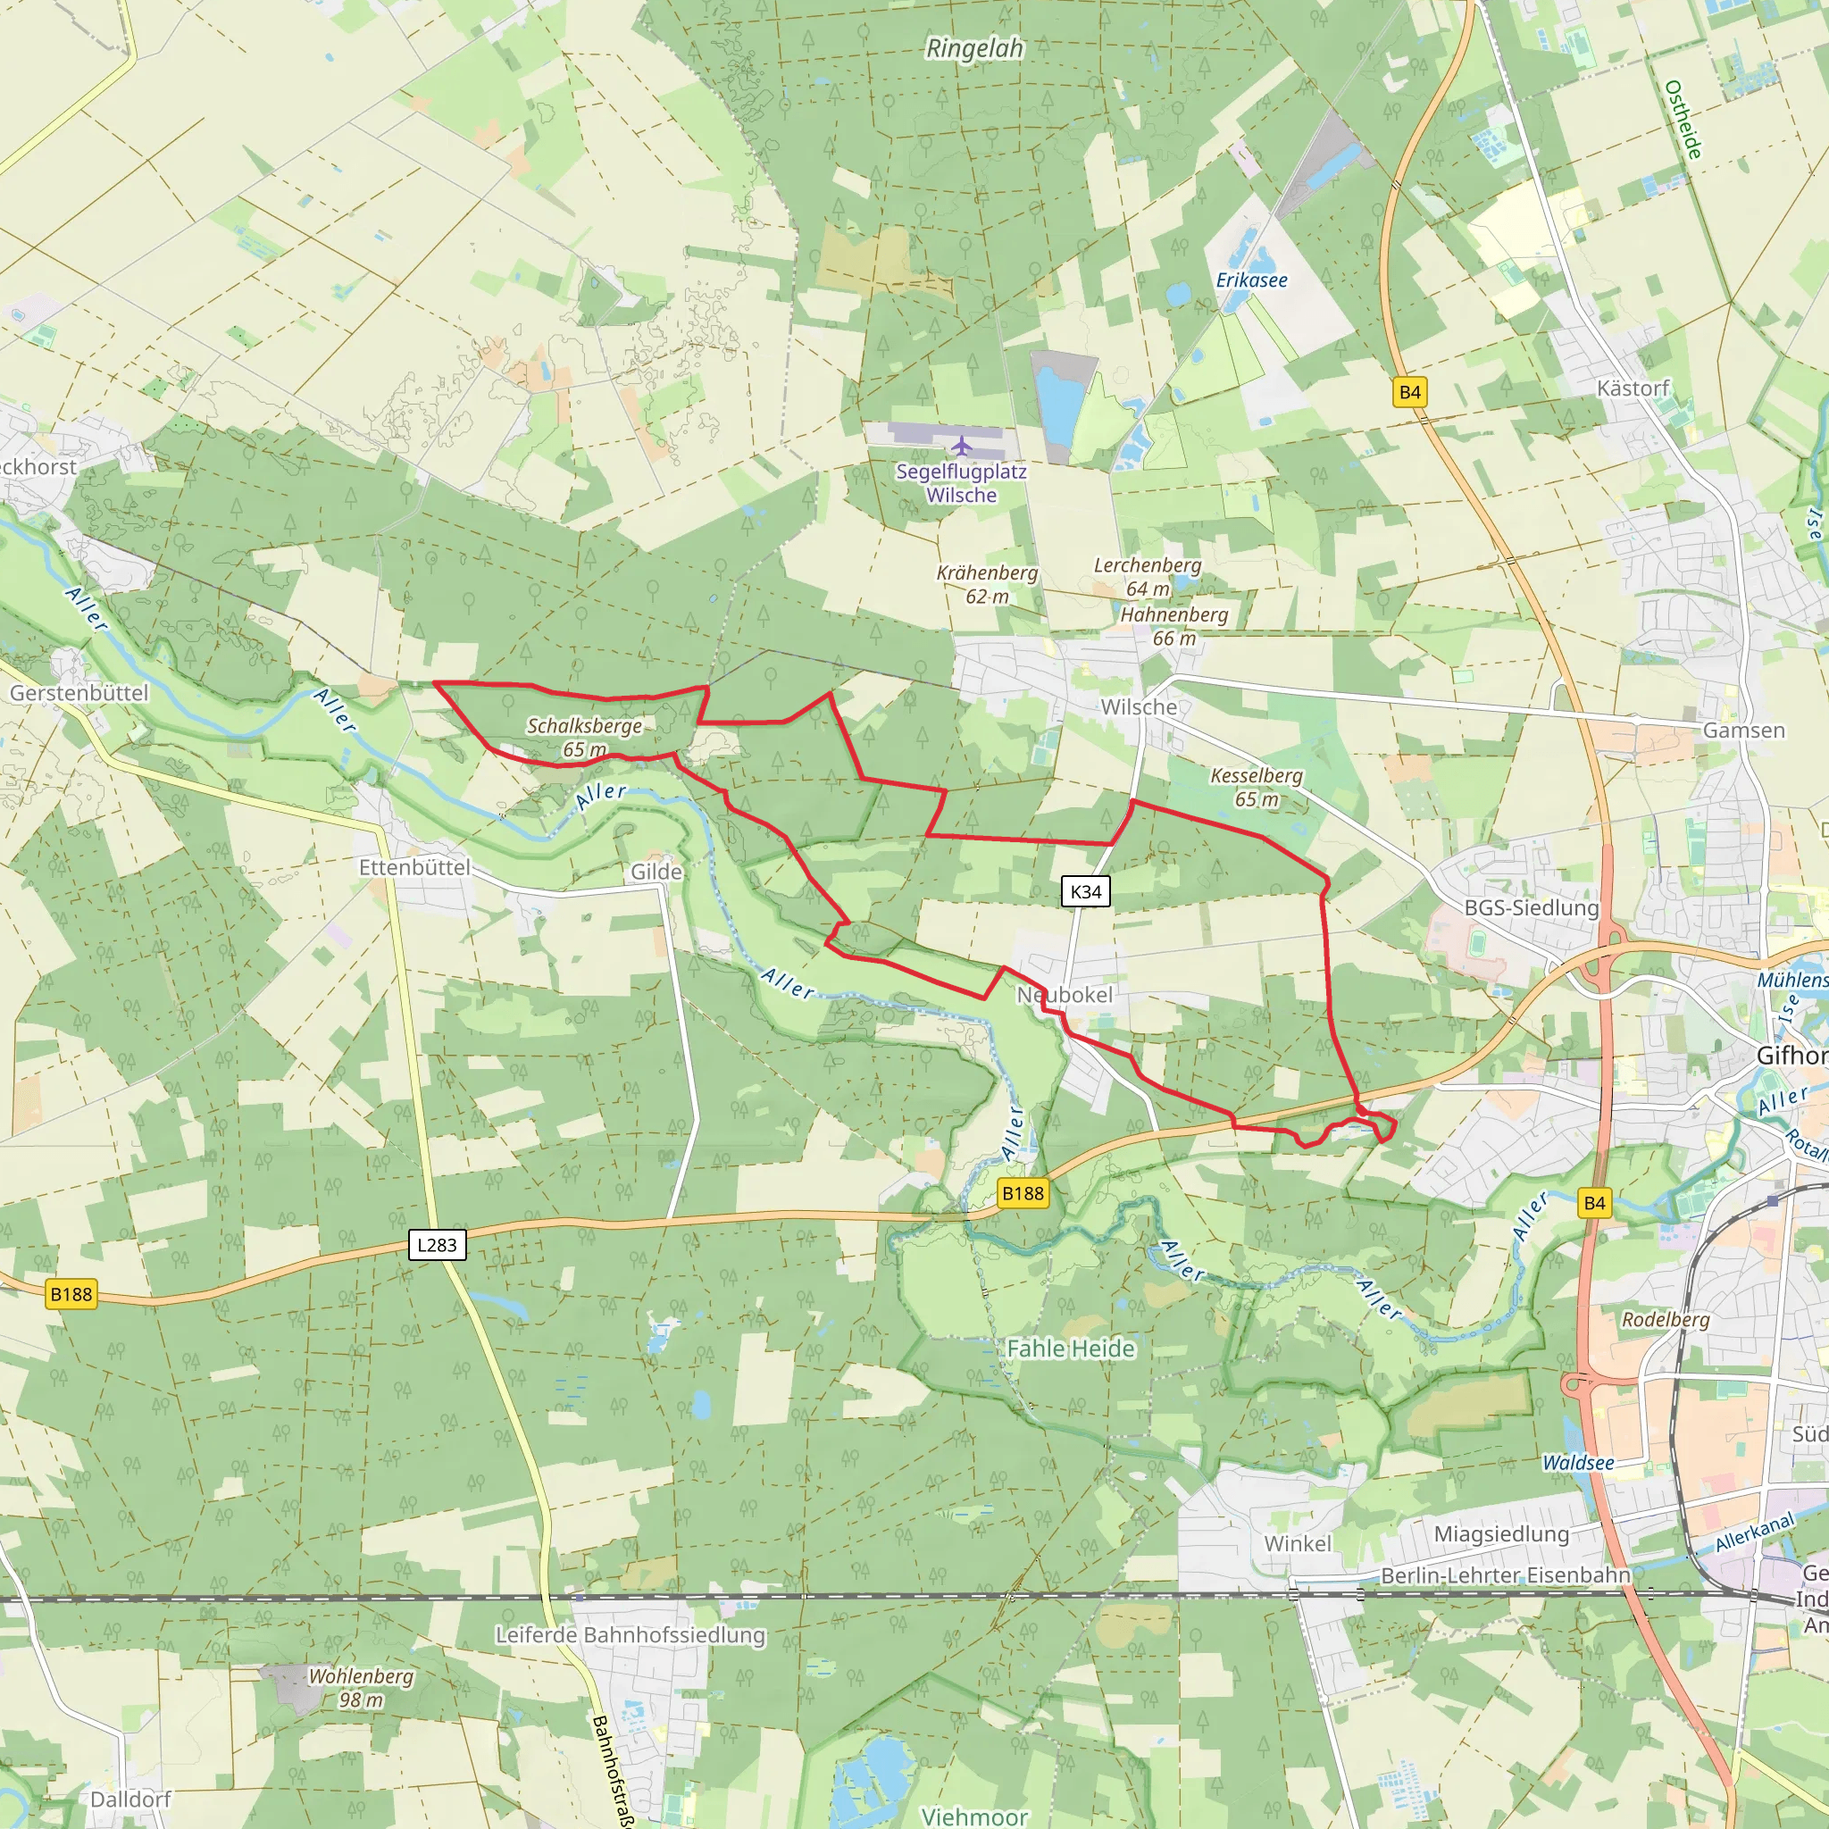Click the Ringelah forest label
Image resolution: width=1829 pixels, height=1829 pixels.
(x=974, y=48)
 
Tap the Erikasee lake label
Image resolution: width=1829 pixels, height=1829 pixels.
(x=1251, y=280)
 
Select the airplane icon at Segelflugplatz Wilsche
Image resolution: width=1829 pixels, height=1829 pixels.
(x=962, y=445)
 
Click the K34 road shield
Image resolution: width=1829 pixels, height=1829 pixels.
(x=1085, y=890)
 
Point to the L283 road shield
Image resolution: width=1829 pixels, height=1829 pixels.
(x=437, y=1244)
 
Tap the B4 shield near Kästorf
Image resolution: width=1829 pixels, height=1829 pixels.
(x=1409, y=392)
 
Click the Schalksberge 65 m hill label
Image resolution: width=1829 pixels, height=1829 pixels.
(x=584, y=738)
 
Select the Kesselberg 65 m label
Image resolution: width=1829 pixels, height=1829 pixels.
(x=1257, y=787)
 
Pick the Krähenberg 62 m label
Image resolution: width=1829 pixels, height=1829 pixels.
(x=987, y=584)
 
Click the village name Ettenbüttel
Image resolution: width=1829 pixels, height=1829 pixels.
(x=414, y=867)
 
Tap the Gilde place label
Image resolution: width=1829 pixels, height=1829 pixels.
(x=656, y=871)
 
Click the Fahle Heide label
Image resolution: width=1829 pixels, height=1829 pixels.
(x=1071, y=1348)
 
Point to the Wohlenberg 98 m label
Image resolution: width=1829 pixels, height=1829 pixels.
(x=361, y=1687)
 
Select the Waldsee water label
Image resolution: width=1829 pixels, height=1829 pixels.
(x=1578, y=1463)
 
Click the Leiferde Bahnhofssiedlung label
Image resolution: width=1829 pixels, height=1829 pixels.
(x=631, y=1635)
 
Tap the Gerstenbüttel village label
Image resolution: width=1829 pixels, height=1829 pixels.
(x=79, y=693)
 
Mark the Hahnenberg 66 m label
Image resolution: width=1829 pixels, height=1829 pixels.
(x=1173, y=626)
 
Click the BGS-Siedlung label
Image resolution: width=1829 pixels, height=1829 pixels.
(x=1531, y=907)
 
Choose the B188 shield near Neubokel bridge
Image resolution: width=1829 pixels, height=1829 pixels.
(x=1023, y=1193)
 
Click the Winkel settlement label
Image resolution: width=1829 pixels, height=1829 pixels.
(x=1297, y=1543)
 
